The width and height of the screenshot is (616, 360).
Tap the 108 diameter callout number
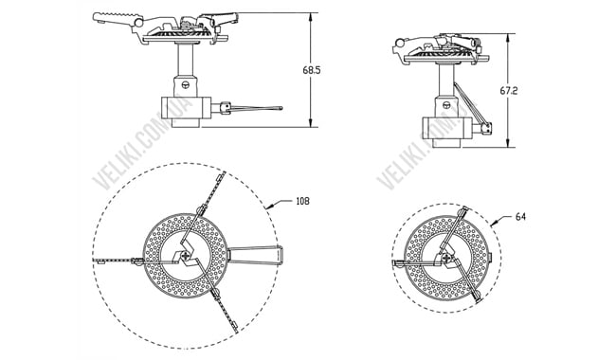(302, 201)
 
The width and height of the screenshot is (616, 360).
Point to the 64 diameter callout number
(520, 217)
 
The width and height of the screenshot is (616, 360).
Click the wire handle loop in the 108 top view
(258, 253)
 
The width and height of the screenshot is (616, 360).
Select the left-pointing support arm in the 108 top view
(118, 259)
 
